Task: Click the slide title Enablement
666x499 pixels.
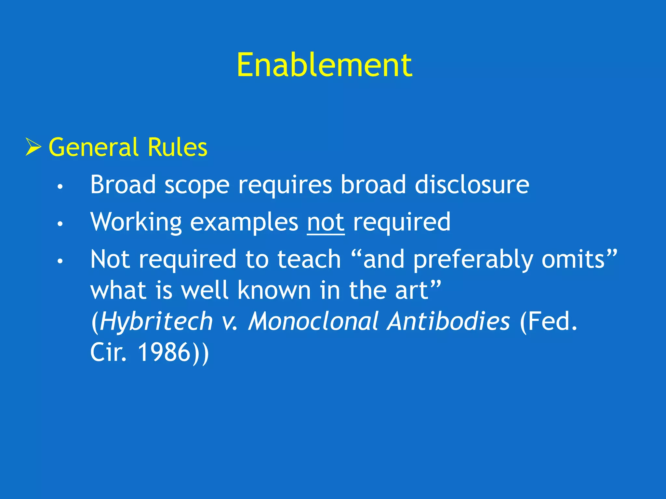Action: click(x=324, y=65)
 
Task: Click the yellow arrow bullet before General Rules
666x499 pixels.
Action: click(x=33, y=147)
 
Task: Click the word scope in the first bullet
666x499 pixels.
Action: click(x=197, y=185)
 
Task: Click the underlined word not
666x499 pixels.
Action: click(x=326, y=222)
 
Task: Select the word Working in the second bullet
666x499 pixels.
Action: click(x=136, y=222)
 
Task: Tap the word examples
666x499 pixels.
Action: click(x=244, y=222)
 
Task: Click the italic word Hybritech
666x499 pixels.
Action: click(x=156, y=322)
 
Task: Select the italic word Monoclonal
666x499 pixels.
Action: click(x=313, y=321)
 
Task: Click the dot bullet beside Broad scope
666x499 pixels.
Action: click(x=60, y=186)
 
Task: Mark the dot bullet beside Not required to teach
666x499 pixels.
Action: click(x=60, y=261)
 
